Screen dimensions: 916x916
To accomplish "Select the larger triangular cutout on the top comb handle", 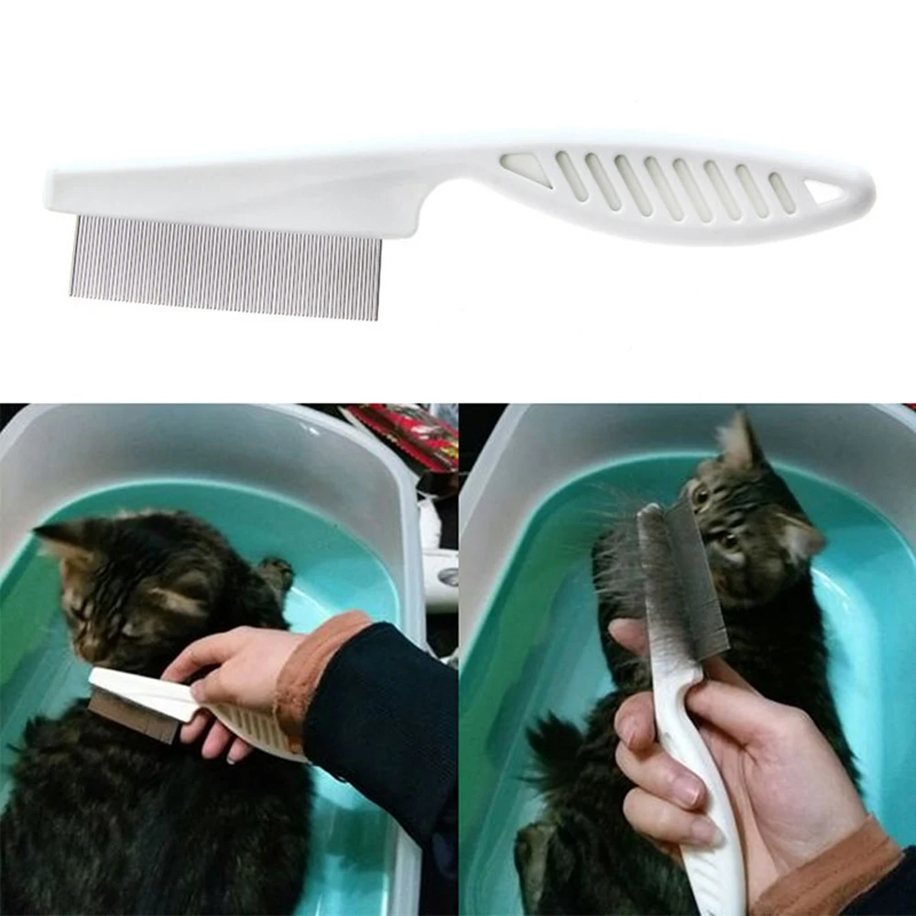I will (526, 169).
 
